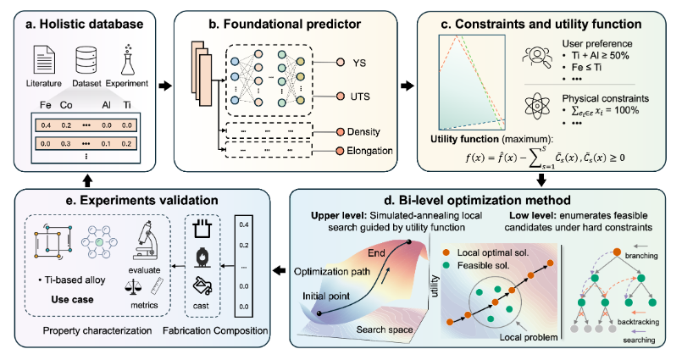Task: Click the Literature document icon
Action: (44, 60)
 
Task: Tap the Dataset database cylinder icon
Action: (86, 60)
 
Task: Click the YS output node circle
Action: (340, 62)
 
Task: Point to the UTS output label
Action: (360, 96)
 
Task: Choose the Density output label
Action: (363, 131)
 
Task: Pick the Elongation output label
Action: (369, 151)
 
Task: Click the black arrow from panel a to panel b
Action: (165, 86)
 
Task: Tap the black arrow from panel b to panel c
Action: (408, 86)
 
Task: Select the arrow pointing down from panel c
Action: (541, 180)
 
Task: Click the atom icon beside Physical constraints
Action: (538, 106)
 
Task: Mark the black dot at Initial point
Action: (319, 313)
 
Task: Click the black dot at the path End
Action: (408, 241)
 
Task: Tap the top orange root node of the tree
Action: (617, 252)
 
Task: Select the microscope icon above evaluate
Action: (144, 241)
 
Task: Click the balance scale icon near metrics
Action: (133, 287)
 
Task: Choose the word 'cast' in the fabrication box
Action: (201, 306)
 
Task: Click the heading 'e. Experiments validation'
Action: (142, 200)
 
